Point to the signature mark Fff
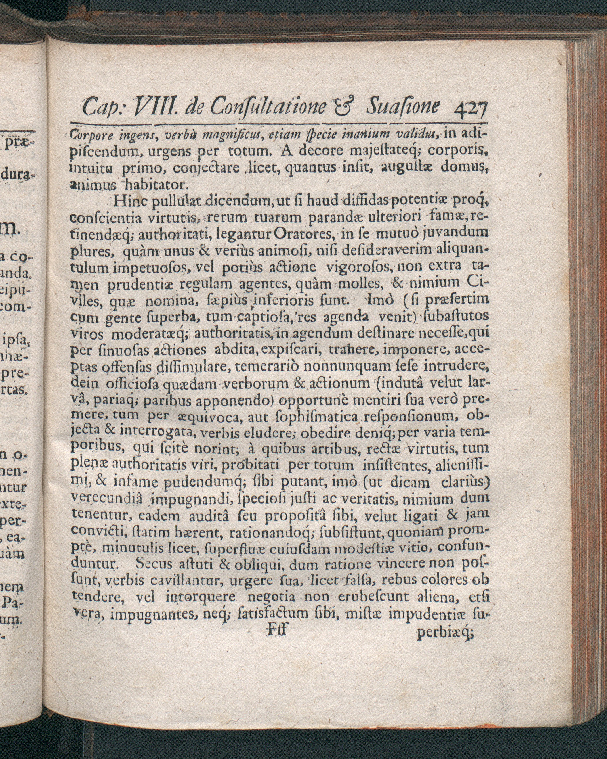277,629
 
